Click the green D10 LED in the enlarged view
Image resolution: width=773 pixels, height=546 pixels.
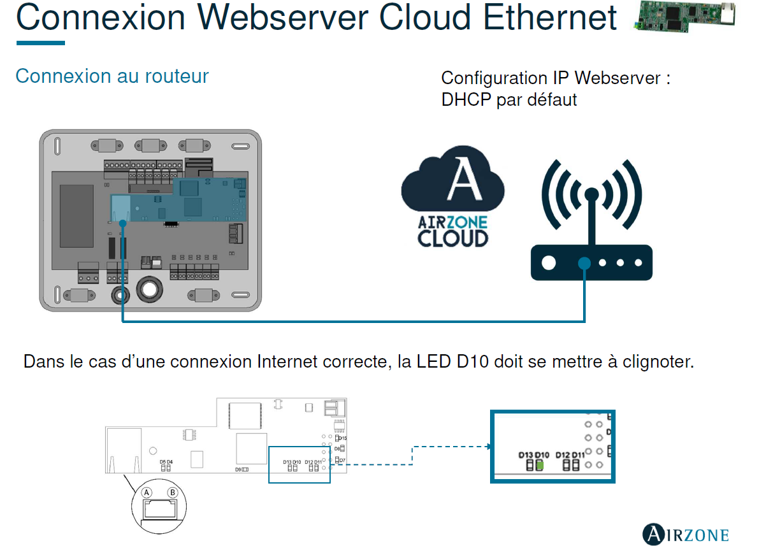[540, 465]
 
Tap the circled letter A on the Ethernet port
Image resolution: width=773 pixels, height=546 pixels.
[147, 492]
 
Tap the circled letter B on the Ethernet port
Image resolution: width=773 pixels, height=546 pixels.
[171, 492]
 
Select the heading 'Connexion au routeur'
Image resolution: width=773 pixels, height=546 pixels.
[112, 76]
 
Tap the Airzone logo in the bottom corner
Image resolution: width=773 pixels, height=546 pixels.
[685, 533]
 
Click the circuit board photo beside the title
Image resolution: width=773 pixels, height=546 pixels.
[684, 16]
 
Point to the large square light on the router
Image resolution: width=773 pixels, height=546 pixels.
[549, 262]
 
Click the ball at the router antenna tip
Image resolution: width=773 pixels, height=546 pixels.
[591, 193]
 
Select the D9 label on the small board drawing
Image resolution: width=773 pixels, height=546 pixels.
[238, 469]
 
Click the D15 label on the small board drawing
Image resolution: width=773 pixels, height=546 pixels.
[342, 438]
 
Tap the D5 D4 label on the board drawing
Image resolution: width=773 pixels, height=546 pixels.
[166, 461]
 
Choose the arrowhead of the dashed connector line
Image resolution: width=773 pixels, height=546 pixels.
[488, 447]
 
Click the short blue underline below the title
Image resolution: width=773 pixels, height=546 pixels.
[41, 43]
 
